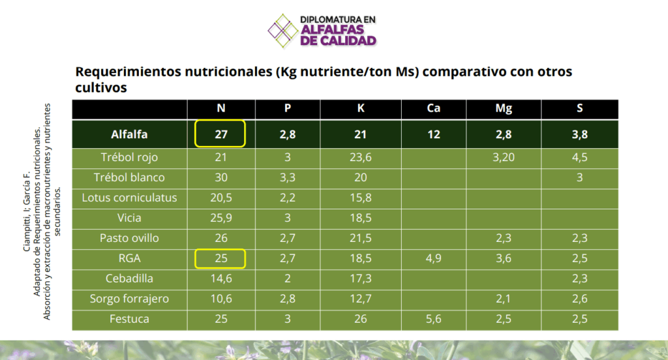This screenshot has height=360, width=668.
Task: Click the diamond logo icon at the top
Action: click(284, 30)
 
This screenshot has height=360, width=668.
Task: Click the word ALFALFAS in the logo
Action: click(338, 30)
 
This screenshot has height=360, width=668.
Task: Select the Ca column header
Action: click(434, 108)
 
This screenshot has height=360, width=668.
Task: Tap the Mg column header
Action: click(504, 108)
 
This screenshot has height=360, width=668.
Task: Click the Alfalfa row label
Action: click(129, 135)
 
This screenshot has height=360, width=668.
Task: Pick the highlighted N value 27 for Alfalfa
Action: click(220, 135)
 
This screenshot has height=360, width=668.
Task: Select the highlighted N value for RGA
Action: click(220, 258)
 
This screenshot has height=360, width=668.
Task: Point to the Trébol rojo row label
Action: click(129, 157)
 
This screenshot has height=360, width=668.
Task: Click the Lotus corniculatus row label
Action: click(129, 198)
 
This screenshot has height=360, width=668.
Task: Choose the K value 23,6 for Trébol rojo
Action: click(360, 157)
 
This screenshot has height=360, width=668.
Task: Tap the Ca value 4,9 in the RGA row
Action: click(434, 258)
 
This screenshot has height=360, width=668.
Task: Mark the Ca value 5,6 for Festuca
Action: click(434, 319)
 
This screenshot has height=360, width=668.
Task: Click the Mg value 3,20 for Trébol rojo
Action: click(504, 157)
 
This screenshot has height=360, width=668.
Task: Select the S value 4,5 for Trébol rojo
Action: click(579, 157)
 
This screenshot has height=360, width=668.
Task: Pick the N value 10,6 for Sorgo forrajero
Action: click(220, 299)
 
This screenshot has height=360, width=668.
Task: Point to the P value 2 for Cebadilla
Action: click(288, 278)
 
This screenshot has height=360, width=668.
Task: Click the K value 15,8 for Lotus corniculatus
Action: click(360, 198)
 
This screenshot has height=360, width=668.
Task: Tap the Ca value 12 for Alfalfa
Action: click(434, 135)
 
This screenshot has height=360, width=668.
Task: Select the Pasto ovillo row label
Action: click(129, 238)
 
